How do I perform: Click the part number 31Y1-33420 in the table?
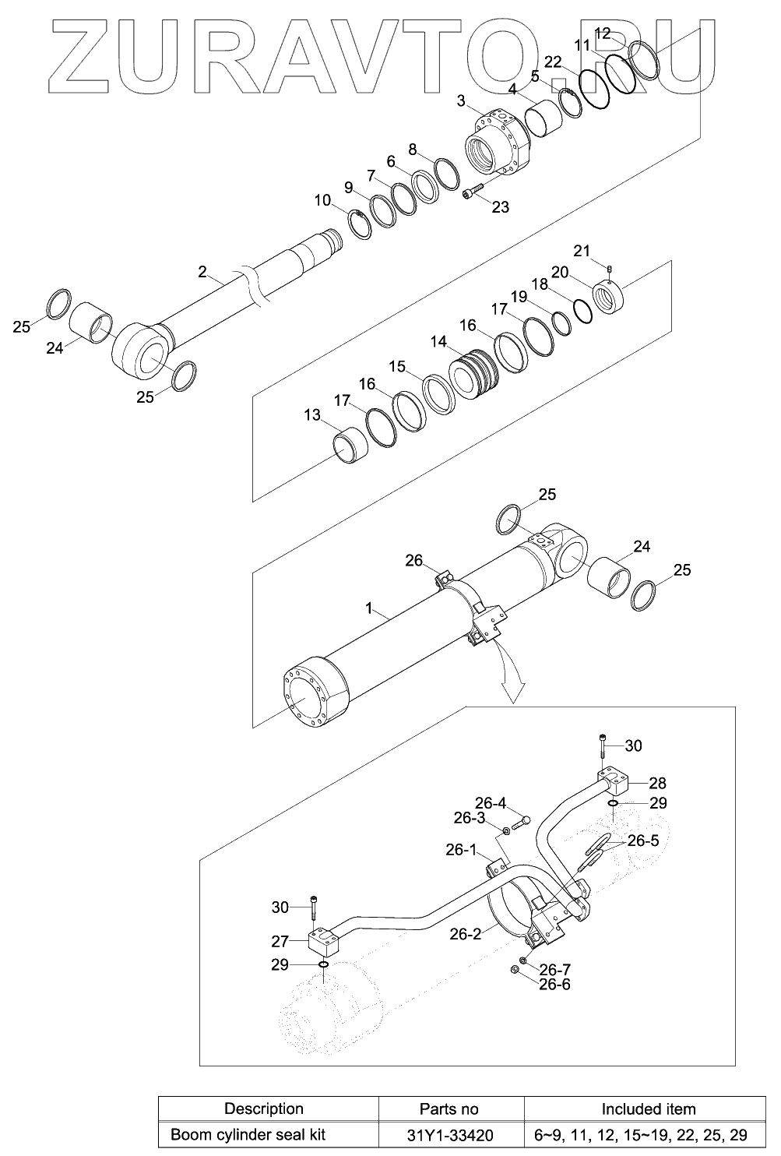coord(449,1135)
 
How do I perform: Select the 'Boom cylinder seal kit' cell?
coord(248,1134)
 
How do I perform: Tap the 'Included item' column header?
coord(649,1108)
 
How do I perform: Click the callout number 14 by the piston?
coord(438,342)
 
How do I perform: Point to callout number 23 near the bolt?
coord(501,207)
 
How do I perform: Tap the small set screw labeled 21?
coord(610,268)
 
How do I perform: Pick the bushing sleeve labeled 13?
coord(350,446)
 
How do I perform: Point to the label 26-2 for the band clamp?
coord(466,933)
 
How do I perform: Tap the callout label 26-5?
coord(642,841)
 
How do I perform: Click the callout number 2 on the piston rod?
coord(202,271)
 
